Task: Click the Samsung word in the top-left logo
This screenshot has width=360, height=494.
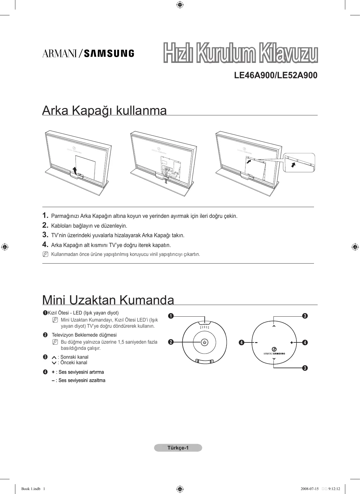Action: pyautogui.click(x=109, y=54)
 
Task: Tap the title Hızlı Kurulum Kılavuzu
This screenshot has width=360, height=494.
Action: pyautogui.click(x=240, y=54)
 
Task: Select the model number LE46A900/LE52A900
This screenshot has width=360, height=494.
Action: pyautogui.click(x=276, y=75)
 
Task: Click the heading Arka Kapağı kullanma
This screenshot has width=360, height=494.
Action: pyautogui.click(x=104, y=110)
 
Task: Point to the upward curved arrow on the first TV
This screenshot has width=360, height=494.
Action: pyautogui.click(x=74, y=170)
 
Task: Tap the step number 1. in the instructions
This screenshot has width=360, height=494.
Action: pyautogui.click(x=45, y=215)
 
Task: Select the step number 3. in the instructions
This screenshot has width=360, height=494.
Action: pyautogui.click(x=45, y=235)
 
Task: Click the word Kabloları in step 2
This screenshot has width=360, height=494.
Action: pyautogui.click(x=61, y=226)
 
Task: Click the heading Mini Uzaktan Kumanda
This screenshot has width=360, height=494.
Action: pyautogui.click(x=108, y=300)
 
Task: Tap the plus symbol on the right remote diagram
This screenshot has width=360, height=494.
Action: pyautogui.click(x=292, y=342)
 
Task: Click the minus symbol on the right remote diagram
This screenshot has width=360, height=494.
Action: pyautogui.click(x=256, y=342)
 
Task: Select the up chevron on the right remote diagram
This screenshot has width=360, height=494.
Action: pyautogui.click(x=274, y=326)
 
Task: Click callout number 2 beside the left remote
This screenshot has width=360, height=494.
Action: pyautogui.click(x=171, y=342)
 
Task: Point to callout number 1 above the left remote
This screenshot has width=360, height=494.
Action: pyautogui.click(x=171, y=316)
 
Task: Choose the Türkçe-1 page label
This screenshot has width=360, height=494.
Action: pyautogui.click(x=178, y=448)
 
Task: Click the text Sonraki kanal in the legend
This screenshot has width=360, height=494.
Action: pyautogui.click(x=74, y=357)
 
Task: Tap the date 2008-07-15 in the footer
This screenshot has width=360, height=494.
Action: pyautogui.click(x=310, y=489)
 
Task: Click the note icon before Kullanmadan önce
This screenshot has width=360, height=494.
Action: pyautogui.click(x=46, y=254)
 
